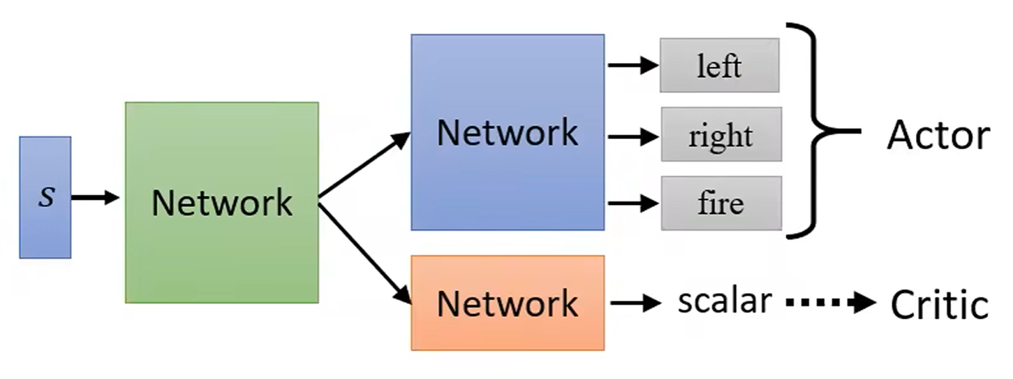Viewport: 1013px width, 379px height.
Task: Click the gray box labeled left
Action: coord(719,66)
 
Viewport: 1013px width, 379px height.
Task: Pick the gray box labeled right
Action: coord(720,135)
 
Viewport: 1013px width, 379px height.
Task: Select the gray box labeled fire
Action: coord(720,203)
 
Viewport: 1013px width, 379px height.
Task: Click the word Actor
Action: coord(938,135)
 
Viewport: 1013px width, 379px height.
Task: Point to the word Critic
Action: coord(940,305)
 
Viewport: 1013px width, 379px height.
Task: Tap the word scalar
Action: coord(725,301)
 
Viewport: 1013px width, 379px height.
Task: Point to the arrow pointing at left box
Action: coord(633,66)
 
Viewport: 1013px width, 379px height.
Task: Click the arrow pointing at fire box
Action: coord(633,203)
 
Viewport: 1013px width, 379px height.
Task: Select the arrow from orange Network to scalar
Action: coord(635,303)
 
